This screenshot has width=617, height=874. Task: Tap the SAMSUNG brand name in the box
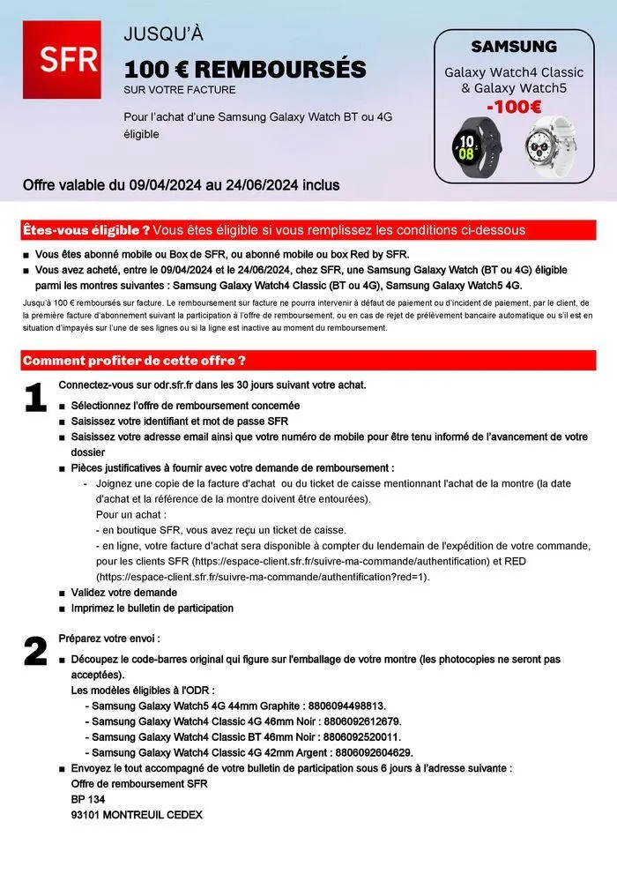coord(514,46)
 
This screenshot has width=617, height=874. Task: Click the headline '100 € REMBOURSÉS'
coord(244,70)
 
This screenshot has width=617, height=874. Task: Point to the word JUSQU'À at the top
coord(163,34)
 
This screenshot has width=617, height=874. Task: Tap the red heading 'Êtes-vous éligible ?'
coord(85,230)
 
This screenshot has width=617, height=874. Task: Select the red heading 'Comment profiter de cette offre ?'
coord(134,361)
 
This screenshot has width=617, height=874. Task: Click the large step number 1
coord(35,399)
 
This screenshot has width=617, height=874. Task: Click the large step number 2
coord(35,652)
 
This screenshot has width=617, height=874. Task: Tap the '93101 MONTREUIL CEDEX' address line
coord(137,815)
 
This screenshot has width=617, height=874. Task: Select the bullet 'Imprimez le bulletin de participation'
coord(152,608)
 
